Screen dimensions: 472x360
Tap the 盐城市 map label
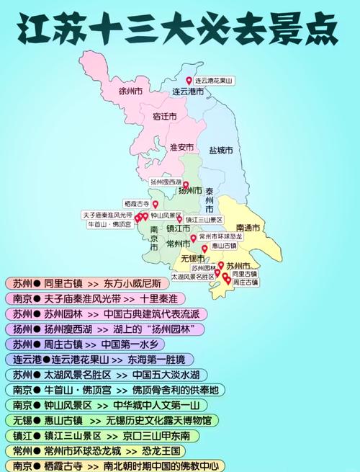pyautogui.click(x=220, y=151)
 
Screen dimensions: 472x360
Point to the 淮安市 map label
pyautogui.click(x=182, y=147)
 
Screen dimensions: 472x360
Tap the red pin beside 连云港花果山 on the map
pyautogui.click(x=189, y=81)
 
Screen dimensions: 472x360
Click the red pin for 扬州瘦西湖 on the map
pyautogui.click(x=185, y=184)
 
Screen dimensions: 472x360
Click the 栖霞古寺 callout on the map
pyautogui.click(x=137, y=204)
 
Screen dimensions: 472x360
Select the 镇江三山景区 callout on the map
pyautogui.click(x=204, y=220)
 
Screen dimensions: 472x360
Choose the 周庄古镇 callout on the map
pyautogui.click(x=245, y=283)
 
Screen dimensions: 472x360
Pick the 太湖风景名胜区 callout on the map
pyautogui.click(x=192, y=276)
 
